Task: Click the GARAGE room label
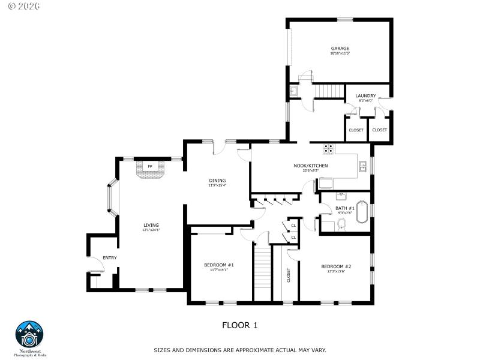(340, 49)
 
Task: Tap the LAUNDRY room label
(365, 96)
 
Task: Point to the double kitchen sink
(363, 167)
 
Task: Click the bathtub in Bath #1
(363, 212)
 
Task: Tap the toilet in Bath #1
(341, 224)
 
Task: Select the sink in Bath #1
(340, 196)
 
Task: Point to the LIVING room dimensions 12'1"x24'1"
(151, 230)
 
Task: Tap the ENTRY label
(110, 258)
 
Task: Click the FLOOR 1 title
(240, 325)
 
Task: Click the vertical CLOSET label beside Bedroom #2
(289, 275)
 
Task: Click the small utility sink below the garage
(294, 91)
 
